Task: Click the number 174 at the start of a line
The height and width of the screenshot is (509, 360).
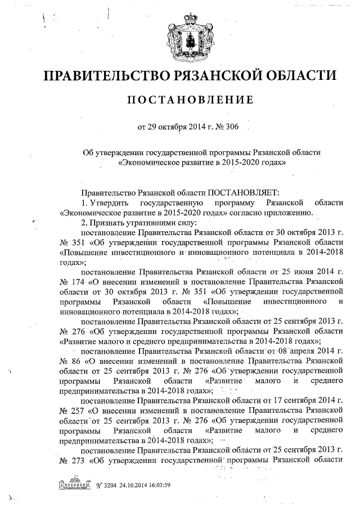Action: click(x=77, y=281)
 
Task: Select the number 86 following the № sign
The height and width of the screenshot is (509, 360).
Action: click(x=77, y=360)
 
